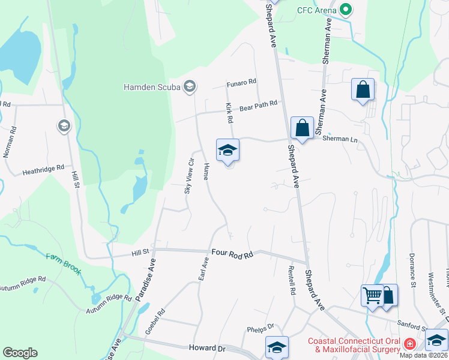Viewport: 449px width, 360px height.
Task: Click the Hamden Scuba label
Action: [x=152, y=87]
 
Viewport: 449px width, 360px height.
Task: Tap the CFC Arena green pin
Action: [x=345, y=10]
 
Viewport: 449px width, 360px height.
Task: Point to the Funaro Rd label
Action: [x=241, y=82]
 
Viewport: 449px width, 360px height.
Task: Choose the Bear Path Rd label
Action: [x=258, y=106]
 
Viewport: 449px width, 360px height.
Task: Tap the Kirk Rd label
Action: [x=229, y=112]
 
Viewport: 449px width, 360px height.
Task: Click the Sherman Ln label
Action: [x=336, y=139]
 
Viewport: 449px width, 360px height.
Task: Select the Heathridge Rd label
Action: [x=43, y=170]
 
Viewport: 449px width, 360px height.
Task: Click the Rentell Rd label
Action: [x=292, y=280]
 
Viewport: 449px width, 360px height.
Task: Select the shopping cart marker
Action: [x=372, y=295]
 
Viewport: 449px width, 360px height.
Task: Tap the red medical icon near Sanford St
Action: [x=410, y=344]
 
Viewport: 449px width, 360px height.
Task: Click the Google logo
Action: [x=20, y=353]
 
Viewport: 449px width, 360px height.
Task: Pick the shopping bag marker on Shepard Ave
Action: [x=302, y=128]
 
